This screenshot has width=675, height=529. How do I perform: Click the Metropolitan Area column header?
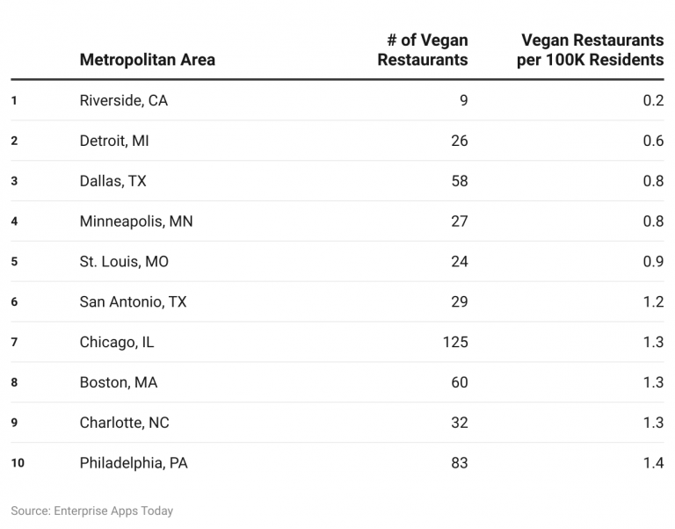pos(147,60)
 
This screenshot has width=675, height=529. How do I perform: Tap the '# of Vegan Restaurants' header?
pos(423,50)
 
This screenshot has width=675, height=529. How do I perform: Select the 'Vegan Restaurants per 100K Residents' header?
pos(590,50)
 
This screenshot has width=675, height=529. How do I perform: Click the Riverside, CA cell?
pos(123,100)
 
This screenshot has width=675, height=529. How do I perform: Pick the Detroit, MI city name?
pos(114,141)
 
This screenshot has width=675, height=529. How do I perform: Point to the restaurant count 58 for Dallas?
pos(459,181)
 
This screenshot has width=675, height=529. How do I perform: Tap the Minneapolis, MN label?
pos(136,221)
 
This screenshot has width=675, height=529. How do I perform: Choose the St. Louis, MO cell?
pos(124,262)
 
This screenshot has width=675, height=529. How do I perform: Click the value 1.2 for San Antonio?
pos(652,302)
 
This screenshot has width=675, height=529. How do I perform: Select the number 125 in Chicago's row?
pos(455,342)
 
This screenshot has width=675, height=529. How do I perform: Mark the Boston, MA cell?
pos(119,382)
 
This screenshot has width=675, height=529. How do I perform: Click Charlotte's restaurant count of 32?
pos(459,423)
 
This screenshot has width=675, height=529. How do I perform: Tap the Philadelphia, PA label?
pos(134,463)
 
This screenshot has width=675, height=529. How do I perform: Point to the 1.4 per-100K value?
pos(652,463)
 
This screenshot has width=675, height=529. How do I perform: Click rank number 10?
pos(18,463)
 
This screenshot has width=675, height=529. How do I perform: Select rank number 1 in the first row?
pos(14,100)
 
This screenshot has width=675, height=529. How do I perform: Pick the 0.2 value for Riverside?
pos(652,100)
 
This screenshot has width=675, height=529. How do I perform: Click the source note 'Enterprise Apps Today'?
pos(113,511)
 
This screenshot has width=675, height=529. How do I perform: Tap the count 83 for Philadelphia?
pos(459,463)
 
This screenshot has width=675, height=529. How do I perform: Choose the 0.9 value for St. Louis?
pos(652,262)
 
